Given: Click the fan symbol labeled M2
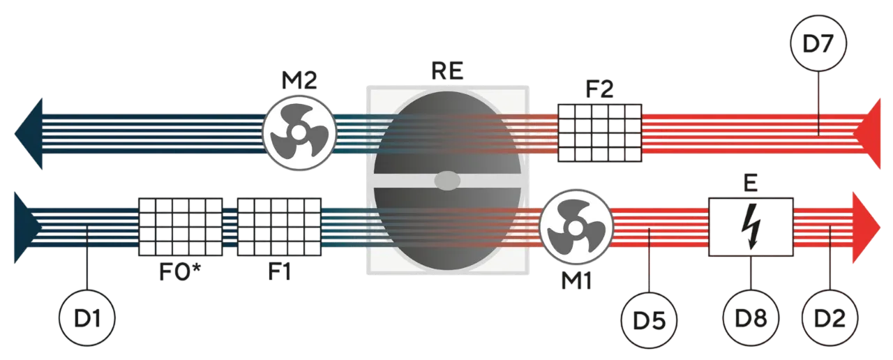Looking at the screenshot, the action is [299, 133].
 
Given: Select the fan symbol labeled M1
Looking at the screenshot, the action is [576, 227].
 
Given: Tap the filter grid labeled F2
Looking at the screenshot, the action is [599, 133].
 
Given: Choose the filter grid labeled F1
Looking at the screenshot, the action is [279, 227].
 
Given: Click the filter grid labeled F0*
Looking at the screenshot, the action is [180, 227].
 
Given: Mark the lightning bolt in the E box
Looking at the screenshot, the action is [751, 227].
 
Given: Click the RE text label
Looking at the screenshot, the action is [447, 71].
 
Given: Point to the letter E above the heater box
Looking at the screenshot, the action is [751, 183].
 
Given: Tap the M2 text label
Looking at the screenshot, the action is [299, 80].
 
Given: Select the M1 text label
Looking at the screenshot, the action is [576, 280].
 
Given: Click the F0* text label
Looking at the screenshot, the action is [180, 272].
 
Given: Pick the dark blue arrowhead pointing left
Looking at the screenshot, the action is [29, 134].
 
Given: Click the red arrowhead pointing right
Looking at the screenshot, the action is [866, 227].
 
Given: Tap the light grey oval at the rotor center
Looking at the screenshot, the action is [447, 181].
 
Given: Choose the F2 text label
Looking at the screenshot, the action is [599, 89].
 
